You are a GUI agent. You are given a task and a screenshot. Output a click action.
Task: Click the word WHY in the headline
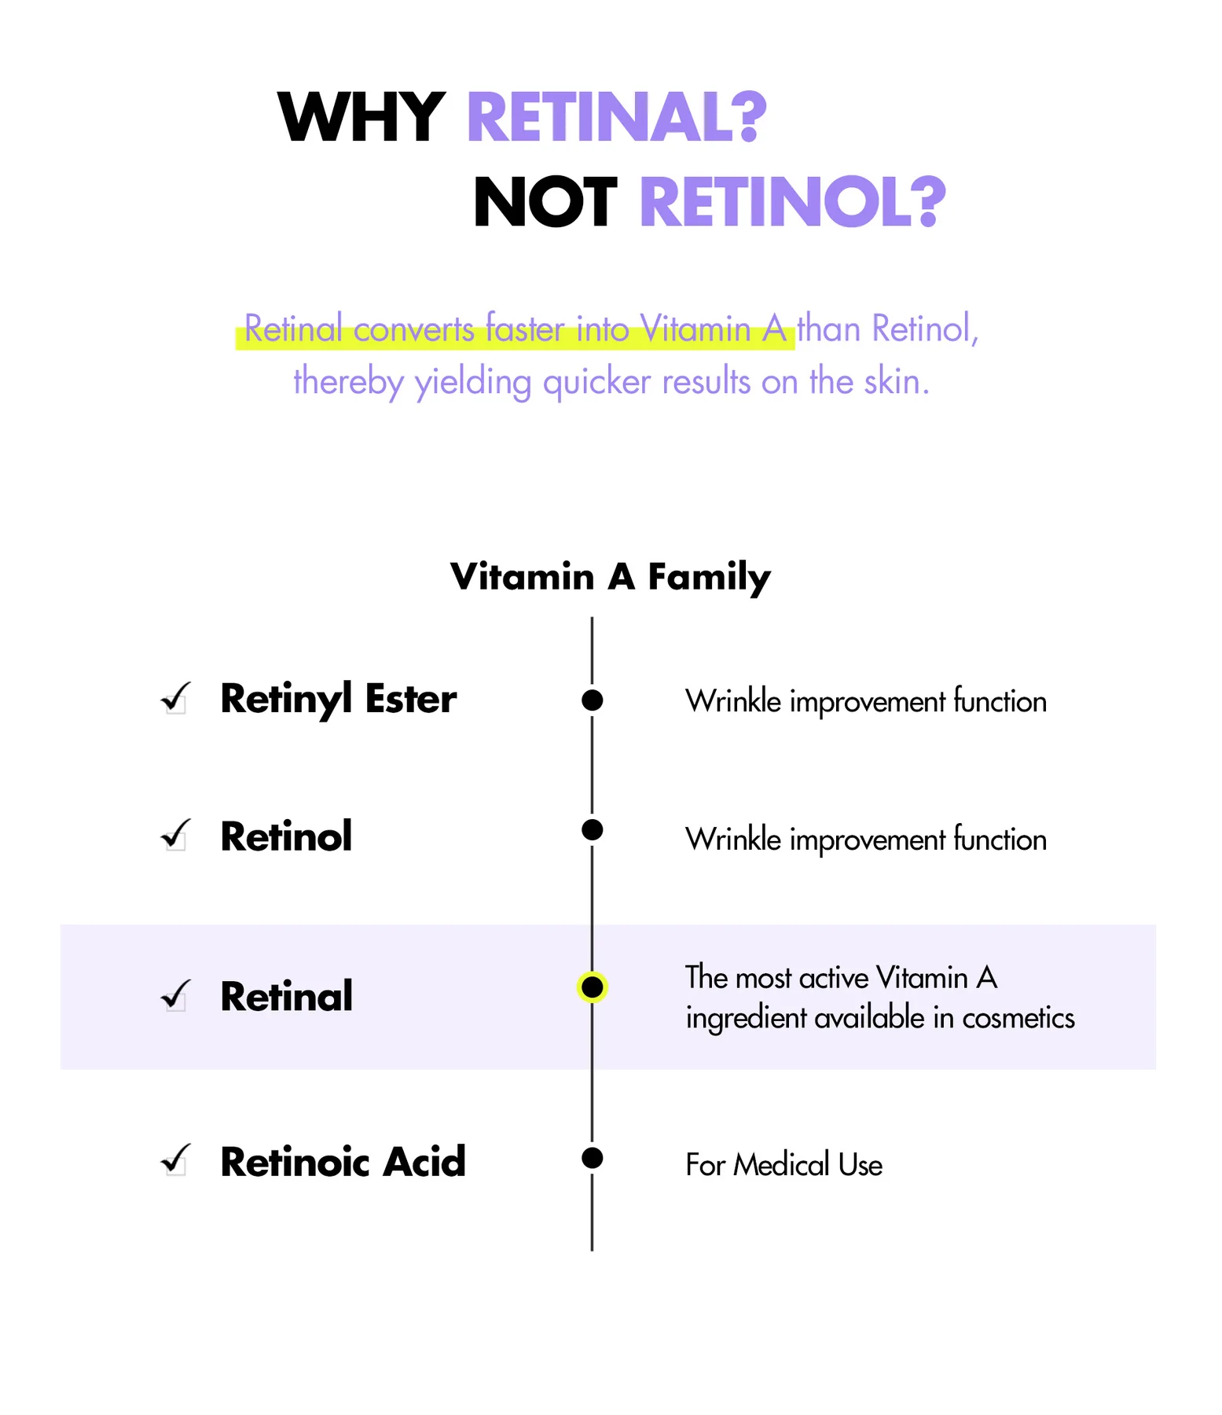pyautogui.click(x=361, y=117)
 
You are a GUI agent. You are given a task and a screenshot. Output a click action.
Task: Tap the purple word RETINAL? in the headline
pyautogui.click(x=616, y=117)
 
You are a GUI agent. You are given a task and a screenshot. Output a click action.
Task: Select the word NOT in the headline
pyautogui.click(x=545, y=202)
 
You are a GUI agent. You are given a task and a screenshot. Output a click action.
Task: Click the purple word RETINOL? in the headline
pyautogui.click(x=792, y=202)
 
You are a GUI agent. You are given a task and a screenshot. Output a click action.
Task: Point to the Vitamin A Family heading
pyautogui.click(x=611, y=577)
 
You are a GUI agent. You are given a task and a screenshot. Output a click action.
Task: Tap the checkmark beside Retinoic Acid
pyautogui.click(x=175, y=1159)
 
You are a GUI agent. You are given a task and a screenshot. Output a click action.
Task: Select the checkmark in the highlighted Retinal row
pyautogui.click(x=175, y=994)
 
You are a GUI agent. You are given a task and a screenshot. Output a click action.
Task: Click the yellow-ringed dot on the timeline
pyautogui.click(x=592, y=987)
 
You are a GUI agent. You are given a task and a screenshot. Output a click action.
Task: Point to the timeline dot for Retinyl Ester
pyautogui.click(x=592, y=700)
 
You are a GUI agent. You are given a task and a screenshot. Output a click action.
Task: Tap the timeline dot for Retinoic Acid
pyautogui.click(x=592, y=1158)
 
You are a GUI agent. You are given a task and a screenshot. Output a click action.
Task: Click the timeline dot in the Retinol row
pyautogui.click(x=592, y=829)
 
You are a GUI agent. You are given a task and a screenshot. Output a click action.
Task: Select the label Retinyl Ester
pyautogui.click(x=339, y=700)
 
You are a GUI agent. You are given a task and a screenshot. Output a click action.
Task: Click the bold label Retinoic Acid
pyautogui.click(x=343, y=1162)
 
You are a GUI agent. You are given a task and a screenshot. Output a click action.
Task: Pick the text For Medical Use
pyautogui.click(x=783, y=1165)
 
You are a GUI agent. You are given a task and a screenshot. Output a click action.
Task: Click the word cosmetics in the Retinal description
pyautogui.click(x=1018, y=1019)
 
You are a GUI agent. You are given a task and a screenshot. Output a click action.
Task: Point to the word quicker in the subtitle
pyautogui.click(x=597, y=383)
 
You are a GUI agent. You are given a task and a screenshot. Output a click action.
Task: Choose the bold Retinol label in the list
pyautogui.click(x=286, y=836)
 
